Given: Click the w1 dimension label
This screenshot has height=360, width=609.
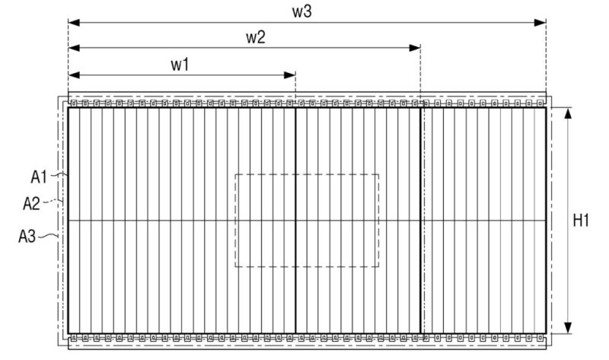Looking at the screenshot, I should [180, 64].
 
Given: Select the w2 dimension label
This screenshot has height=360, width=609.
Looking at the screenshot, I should [255, 37].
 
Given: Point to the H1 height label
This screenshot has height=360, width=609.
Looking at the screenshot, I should [582, 221].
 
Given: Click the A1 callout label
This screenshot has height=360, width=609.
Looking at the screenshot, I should [40, 177].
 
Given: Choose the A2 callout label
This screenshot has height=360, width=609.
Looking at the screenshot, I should [33, 203].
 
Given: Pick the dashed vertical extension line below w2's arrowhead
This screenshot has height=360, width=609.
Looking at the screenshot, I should [421, 76].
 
